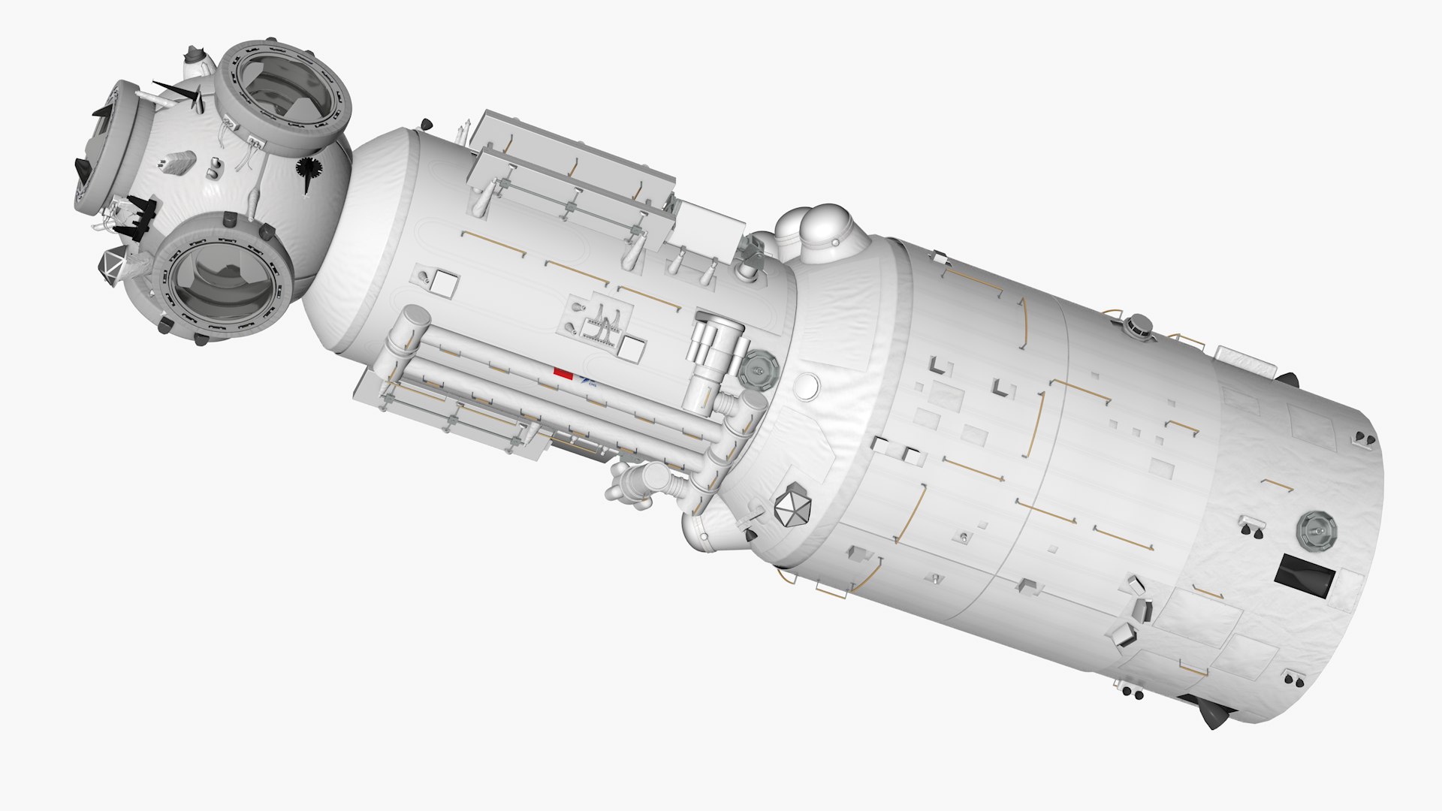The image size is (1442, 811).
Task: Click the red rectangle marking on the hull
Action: coord(563,371)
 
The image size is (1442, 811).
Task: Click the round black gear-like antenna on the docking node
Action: coord(309,170)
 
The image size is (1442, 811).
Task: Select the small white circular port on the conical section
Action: coord(807,384)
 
